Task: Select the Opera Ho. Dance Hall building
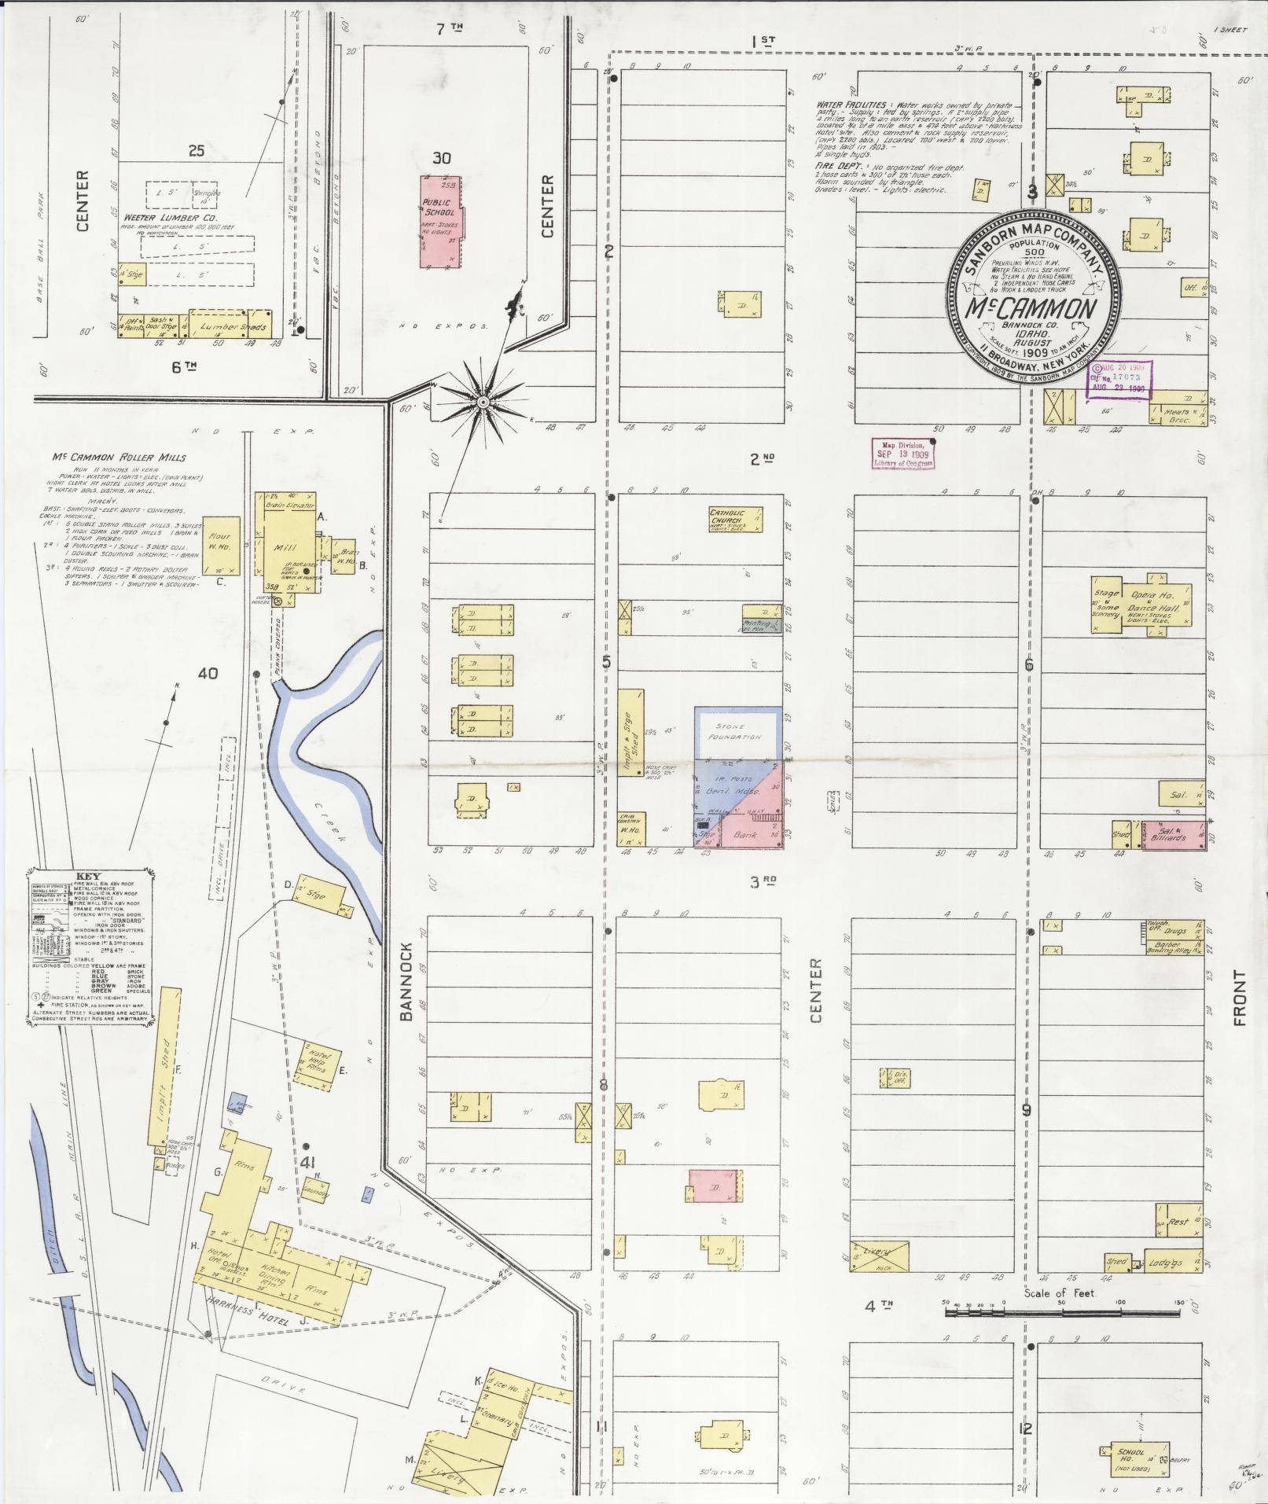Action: tap(1150, 605)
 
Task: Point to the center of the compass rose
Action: tap(483, 403)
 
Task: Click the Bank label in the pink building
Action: tap(744, 834)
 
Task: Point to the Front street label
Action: tap(1240, 998)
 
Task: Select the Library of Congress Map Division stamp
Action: tap(902, 454)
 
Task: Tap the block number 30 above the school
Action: tap(442, 158)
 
